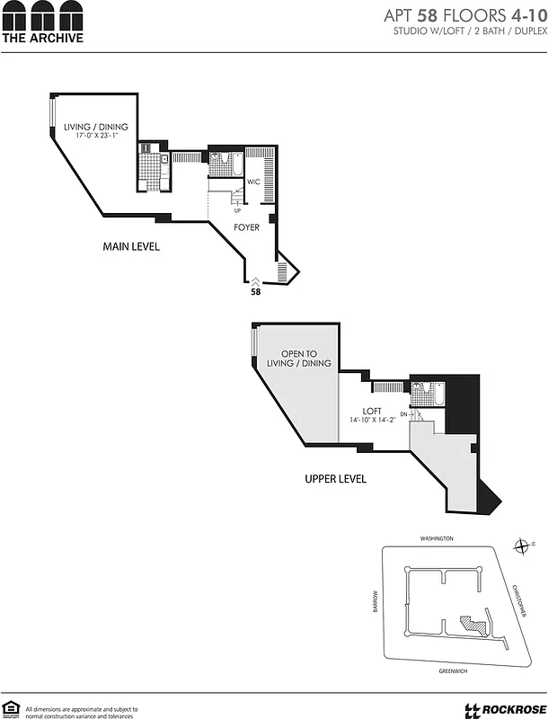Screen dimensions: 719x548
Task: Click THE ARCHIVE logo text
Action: (42, 38)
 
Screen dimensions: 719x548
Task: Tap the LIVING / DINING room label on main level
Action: (102, 127)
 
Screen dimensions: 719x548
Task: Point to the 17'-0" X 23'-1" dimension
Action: (102, 138)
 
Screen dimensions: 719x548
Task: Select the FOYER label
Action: (246, 227)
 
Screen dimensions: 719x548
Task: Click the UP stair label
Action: (236, 210)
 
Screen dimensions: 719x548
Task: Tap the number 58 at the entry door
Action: (255, 291)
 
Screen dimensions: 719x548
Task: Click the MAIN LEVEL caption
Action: (131, 246)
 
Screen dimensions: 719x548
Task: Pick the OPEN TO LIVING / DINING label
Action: (299, 358)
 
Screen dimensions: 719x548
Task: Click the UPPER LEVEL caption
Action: (335, 479)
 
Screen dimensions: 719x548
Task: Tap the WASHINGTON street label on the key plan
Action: (437, 538)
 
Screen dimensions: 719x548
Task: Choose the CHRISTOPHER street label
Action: (519, 600)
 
